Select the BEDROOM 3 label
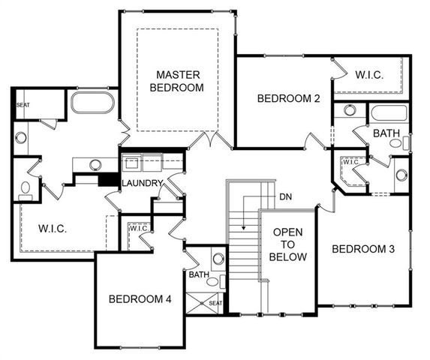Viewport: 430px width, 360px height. (363, 249)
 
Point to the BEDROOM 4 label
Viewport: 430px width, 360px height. (140, 299)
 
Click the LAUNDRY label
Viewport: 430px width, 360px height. (142, 183)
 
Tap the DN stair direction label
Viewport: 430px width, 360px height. (285, 196)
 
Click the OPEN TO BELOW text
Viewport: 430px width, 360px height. (288, 244)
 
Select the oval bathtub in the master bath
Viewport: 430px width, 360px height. (92, 102)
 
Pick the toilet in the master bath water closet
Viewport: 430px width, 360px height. (25, 187)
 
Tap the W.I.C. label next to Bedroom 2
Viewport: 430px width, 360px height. (369, 74)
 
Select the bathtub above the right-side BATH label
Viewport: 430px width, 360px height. (388, 113)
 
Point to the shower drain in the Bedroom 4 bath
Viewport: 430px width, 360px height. (202, 302)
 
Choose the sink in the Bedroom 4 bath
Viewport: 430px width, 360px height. (218, 259)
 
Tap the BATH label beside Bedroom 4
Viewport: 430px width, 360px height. (198, 275)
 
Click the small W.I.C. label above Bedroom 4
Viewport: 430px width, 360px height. (138, 228)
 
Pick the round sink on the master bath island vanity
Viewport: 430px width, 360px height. (95, 164)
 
